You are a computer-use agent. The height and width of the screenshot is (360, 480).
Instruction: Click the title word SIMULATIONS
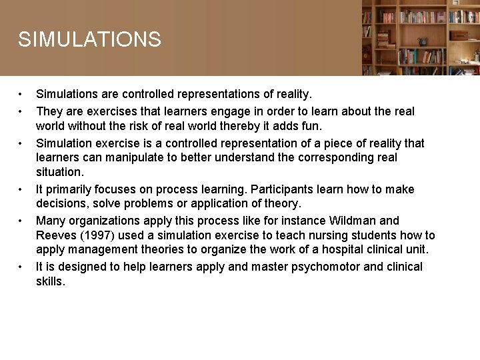[89, 39]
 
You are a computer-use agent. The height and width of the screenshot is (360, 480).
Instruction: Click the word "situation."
[60, 172]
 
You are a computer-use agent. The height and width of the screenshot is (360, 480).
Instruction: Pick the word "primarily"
[69, 189]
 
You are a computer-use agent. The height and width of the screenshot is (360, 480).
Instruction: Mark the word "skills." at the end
[51, 281]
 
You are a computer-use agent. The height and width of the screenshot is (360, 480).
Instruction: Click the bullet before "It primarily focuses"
[21, 189]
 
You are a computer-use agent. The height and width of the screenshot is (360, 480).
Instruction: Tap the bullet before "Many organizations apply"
[21, 221]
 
